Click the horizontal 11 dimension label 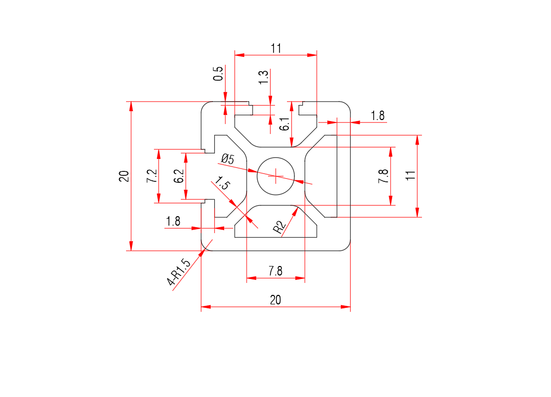tap(276, 48)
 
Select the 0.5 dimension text tap(218, 74)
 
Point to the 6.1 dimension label tap(284, 124)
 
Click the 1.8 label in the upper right tap(378, 116)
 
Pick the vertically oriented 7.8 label tap(383, 177)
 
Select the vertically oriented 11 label tap(410, 175)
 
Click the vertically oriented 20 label tap(124, 176)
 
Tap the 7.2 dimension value tap(152, 176)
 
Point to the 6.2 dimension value tap(179, 176)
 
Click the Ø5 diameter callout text tap(227, 159)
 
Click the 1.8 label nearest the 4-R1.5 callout tap(173, 222)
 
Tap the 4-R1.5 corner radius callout tap(179, 273)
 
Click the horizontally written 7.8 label tap(275, 271)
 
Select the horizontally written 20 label tap(275, 300)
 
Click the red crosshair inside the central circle tap(275, 175)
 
